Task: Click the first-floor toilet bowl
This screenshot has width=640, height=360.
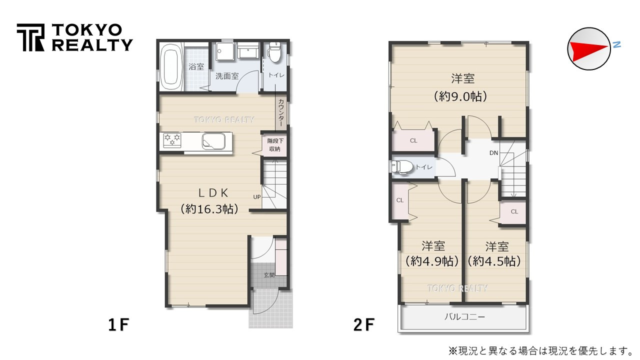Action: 274,51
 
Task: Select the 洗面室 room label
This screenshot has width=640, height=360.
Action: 227,76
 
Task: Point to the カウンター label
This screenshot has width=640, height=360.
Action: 281,113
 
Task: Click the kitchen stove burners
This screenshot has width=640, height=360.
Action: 172,140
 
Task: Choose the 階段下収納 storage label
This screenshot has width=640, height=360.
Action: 274,145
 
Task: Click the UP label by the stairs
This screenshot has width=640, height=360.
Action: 256,196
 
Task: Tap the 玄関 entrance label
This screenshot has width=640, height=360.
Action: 269,274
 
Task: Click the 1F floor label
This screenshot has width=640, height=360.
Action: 118,325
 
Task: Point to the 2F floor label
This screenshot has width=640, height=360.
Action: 363,325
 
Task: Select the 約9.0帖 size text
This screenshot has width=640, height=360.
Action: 460,96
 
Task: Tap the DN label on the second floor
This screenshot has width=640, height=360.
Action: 493,152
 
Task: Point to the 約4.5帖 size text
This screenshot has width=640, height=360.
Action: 494,261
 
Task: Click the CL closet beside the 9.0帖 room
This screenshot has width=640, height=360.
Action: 413,140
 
